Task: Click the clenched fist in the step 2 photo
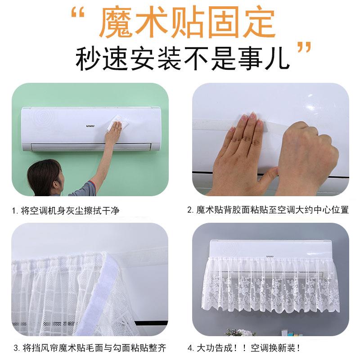pos(306,157)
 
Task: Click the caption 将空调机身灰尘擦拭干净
pos(70,210)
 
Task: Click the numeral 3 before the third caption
pos(16,348)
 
